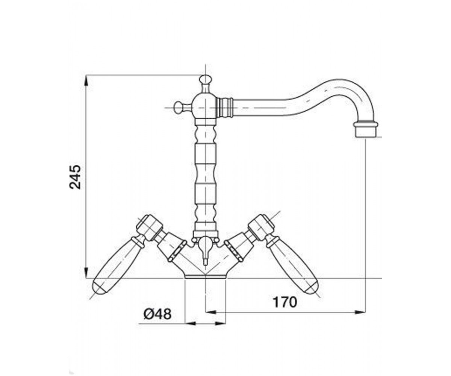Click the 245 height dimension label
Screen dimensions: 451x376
(75, 177)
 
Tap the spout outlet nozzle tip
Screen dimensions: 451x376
(366, 130)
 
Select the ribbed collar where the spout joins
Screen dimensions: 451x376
(225, 108)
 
